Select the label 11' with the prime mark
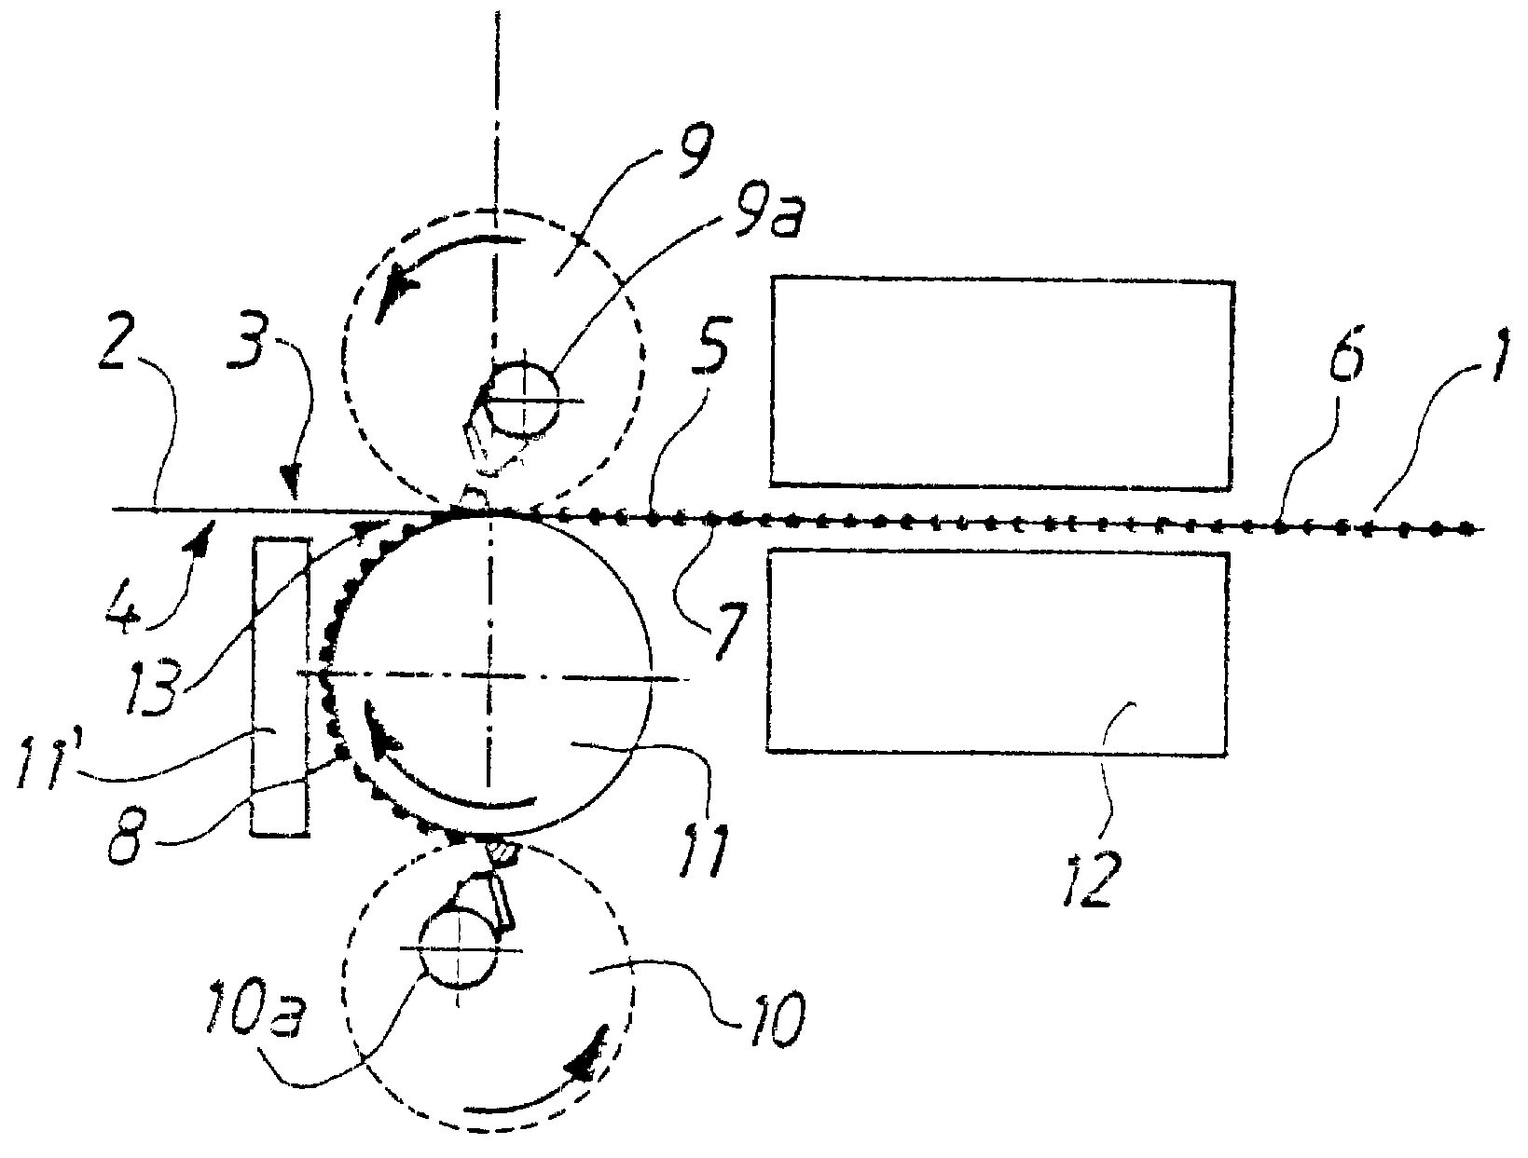pyautogui.click(x=46, y=761)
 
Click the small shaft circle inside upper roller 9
pyautogui.click(x=523, y=400)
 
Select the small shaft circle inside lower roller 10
pyautogui.click(x=460, y=950)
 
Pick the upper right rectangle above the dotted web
pyautogui.click(x=1001, y=383)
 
